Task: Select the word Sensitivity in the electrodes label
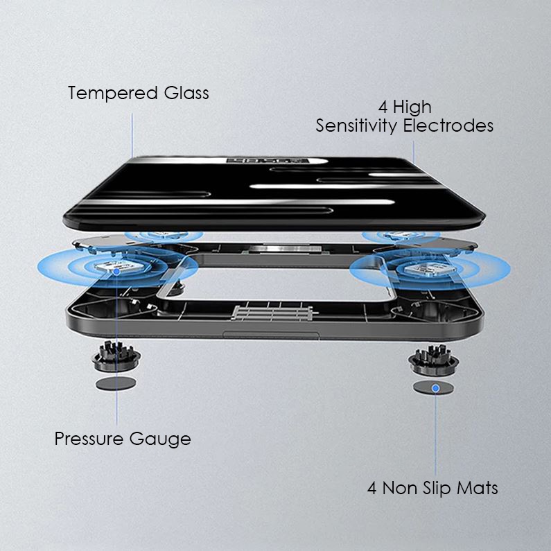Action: tap(358, 126)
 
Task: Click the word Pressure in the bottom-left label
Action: tap(88, 439)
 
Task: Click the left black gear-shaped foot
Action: tap(116, 356)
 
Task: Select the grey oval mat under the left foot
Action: tap(116, 383)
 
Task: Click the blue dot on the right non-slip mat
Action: tap(435, 389)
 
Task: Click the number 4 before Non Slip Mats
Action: tap(372, 488)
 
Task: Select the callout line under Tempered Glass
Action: tap(132, 132)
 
